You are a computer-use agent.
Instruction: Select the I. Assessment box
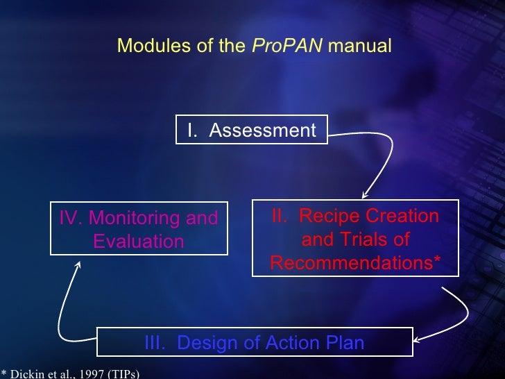251,130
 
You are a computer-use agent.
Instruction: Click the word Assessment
262,130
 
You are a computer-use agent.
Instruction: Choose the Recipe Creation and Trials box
354,239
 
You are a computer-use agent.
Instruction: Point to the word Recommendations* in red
354,264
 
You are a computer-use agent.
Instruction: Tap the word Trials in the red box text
366,240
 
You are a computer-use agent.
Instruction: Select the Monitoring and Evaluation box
139,229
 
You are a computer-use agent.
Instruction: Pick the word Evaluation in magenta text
139,242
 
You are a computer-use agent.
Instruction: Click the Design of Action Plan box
254,342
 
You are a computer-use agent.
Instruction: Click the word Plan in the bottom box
345,343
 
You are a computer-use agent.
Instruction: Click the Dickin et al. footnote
69,374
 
